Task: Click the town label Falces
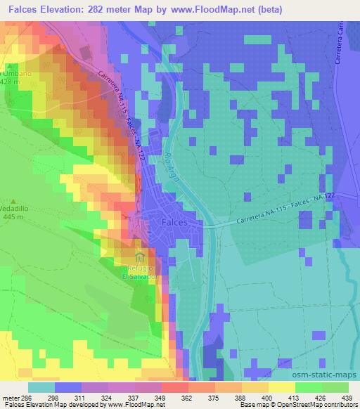174,221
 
